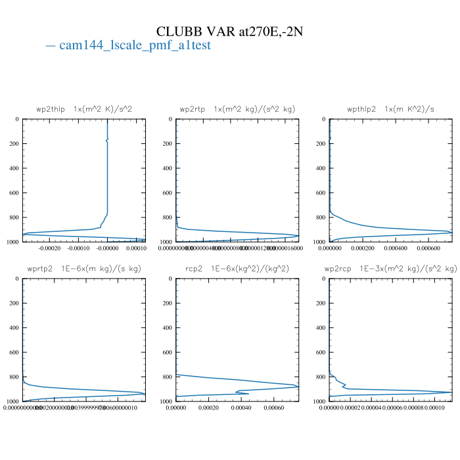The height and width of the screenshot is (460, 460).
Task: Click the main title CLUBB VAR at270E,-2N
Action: coord(229,32)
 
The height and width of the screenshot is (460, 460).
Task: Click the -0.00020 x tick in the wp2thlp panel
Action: coord(50,248)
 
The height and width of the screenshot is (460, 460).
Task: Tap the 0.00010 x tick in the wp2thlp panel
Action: coord(135,248)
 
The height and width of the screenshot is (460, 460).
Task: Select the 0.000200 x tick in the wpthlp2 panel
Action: coord(362,248)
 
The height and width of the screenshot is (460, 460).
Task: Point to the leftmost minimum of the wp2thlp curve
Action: coord(24,234)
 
